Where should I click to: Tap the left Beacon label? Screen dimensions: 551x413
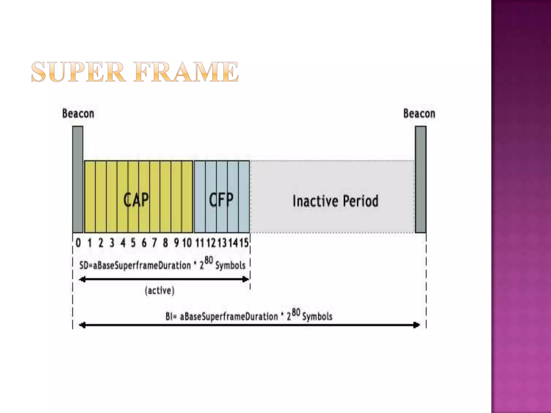point(78,113)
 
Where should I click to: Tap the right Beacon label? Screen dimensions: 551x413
point(419,113)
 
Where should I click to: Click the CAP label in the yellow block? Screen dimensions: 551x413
point(136,200)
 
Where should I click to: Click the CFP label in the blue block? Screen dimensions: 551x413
point(221,200)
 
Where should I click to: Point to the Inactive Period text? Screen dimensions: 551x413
point(335,201)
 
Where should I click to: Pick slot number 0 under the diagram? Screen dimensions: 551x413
point(78,243)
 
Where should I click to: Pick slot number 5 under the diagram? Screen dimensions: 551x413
point(133,243)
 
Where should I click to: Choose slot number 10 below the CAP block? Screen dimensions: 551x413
point(187,243)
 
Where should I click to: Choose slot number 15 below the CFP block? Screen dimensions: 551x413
point(244,243)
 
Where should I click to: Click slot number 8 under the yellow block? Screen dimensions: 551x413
point(165,243)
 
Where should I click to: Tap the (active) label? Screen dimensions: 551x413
point(160,290)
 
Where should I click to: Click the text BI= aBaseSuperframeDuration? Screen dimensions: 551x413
point(222,316)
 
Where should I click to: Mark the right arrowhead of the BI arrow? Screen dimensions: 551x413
point(416,325)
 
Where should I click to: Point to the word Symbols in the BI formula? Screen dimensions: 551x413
point(317,317)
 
